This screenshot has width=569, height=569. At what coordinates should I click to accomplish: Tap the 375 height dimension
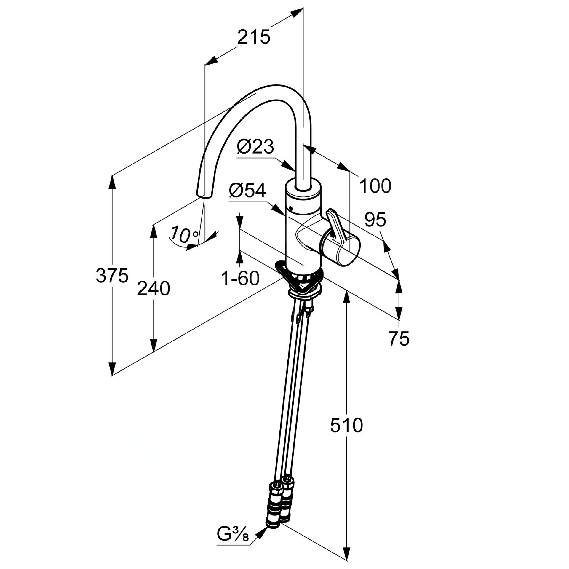tap(112, 276)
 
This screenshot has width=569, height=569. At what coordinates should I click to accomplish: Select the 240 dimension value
tap(153, 289)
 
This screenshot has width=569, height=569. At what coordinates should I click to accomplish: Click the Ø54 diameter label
tap(247, 191)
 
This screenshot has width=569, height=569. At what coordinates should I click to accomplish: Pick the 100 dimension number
tap(375, 186)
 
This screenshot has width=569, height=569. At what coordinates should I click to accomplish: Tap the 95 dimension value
tap(375, 220)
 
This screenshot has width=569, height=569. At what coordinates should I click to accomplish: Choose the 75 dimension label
tap(399, 339)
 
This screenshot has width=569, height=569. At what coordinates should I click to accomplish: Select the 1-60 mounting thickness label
tap(240, 279)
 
